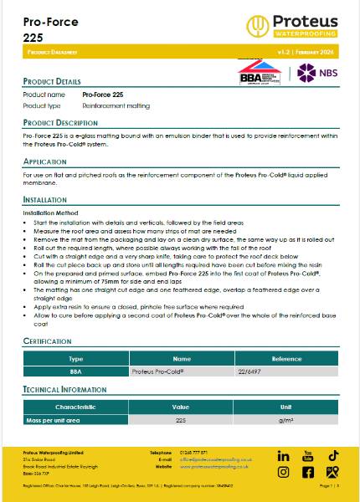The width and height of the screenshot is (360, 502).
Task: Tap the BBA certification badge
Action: click(263, 72)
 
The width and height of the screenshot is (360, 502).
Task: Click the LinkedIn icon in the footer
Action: click(283, 456)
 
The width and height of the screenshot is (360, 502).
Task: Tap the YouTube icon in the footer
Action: click(307, 455)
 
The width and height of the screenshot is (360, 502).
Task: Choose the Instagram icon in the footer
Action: click(283, 473)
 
